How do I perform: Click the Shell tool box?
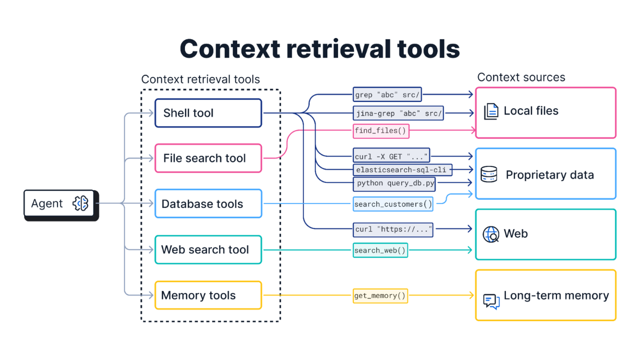click(208, 113)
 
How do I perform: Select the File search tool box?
click(208, 158)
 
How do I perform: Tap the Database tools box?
click(208, 204)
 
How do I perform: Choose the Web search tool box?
click(208, 249)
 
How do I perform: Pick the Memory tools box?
click(208, 295)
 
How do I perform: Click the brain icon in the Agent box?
click(80, 203)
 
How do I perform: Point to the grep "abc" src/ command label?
click(387, 94)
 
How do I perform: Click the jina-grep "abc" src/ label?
click(398, 113)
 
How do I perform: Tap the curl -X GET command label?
click(391, 156)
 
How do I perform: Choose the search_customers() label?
click(393, 204)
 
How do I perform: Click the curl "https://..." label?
click(393, 229)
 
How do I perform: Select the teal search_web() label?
click(380, 250)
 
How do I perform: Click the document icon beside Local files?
click(491, 111)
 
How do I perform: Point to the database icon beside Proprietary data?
click(488, 174)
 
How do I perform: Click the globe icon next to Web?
click(490, 234)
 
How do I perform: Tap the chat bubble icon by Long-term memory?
click(491, 301)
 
